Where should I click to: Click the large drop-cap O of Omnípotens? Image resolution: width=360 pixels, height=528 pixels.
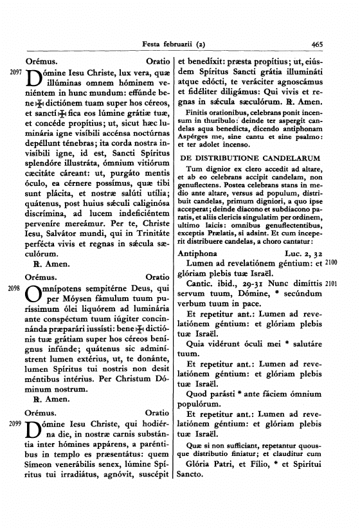[x=33, y=295]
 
